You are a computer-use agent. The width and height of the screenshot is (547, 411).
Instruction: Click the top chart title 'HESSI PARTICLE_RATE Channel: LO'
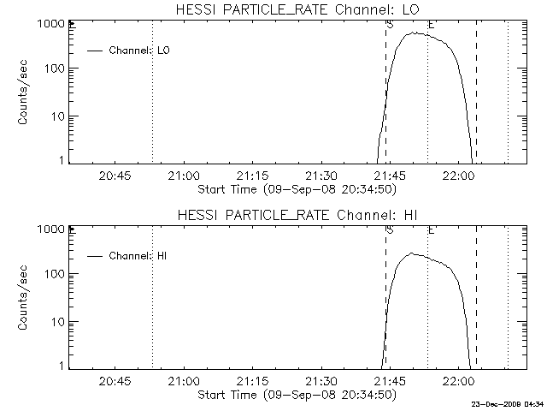click(297, 9)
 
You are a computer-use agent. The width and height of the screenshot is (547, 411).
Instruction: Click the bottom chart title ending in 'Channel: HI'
click(297, 215)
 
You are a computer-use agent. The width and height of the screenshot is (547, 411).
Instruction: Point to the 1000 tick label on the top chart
click(50, 24)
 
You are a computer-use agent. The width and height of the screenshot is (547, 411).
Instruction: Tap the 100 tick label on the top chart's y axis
click(55, 68)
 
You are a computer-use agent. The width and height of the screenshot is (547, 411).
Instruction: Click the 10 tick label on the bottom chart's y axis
click(58, 322)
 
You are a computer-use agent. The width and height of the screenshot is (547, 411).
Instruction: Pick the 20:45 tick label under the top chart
click(115, 176)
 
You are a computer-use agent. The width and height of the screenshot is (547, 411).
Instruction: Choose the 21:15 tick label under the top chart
click(252, 176)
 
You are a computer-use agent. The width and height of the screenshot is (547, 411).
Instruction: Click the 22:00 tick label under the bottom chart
click(458, 381)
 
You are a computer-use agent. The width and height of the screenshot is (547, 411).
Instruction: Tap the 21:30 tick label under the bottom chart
click(321, 381)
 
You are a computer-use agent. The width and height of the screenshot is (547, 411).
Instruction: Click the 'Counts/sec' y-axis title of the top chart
click(22, 92)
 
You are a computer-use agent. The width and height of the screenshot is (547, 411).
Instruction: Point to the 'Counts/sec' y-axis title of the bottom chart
click(22, 298)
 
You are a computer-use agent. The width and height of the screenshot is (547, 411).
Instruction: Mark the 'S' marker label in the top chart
click(390, 25)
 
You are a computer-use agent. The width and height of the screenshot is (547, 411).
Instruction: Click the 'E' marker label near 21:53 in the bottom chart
click(431, 230)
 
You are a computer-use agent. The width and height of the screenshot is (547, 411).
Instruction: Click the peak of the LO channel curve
click(413, 33)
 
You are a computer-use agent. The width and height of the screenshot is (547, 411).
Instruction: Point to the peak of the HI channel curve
click(412, 253)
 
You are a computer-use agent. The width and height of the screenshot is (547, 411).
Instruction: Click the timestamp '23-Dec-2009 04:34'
click(508, 405)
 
